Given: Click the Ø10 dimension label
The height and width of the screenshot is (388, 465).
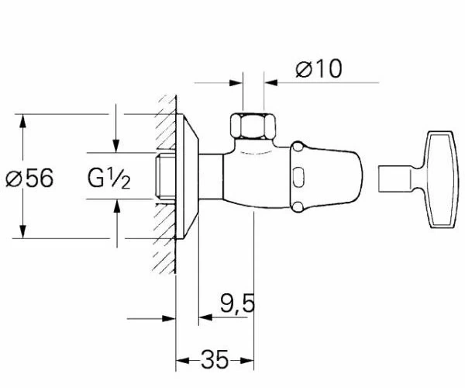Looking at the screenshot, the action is [x=319, y=69].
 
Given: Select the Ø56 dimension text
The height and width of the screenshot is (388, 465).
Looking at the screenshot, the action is [x=29, y=178].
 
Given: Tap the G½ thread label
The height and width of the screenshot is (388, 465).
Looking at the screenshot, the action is [x=108, y=178].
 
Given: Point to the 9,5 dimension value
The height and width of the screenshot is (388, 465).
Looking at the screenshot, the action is [x=238, y=303].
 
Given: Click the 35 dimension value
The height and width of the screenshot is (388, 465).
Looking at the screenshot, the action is [x=215, y=359].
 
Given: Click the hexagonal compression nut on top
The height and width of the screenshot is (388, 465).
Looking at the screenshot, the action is [x=253, y=126].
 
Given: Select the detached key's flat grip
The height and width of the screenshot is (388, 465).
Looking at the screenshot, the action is [x=439, y=179].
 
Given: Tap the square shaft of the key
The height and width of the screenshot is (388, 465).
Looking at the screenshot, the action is [x=394, y=179].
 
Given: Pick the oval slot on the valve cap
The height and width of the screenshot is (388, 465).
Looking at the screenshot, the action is [x=298, y=177].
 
